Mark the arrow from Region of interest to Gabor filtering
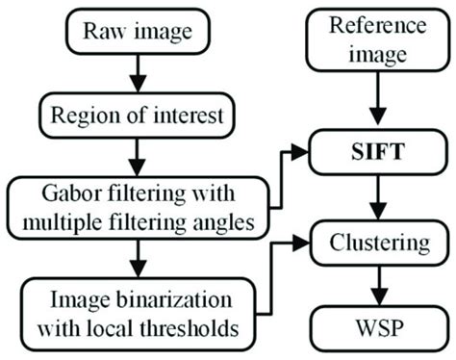[x=139, y=151]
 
